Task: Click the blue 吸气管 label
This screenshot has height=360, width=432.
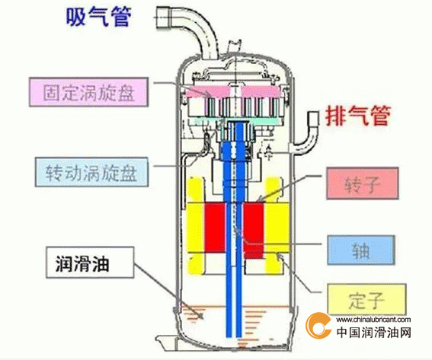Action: pyautogui.click(x=98, y=17)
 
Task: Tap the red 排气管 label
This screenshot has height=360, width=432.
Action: pyautogui.click(x=358, y=116)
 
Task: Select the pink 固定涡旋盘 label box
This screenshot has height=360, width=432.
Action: pyautogui.click(x=88, y=92)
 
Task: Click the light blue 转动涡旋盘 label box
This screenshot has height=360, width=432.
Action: pyautogui.click(x=91, y=172)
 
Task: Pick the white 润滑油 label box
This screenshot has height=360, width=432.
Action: pyautogui.click(x=90, y=263)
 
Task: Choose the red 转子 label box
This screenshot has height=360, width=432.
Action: pyautogui.click(x=363, y=183)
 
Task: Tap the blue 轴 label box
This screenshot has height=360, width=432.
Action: pyautogui.click(x=361, y=250)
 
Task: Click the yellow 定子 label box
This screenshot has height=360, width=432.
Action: pyautogui.click(x=366, y=299)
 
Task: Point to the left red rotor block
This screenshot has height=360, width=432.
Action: pyautogui.click(x=215, y=228)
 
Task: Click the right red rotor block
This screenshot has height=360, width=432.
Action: pyautogui.click(x=254, y=230)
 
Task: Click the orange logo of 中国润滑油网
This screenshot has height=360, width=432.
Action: pyautogui.click(x=318, y=326)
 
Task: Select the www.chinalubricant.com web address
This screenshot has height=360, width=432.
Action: pyautogui.click(x=373, y=320)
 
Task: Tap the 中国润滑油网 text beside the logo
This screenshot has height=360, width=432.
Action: pyautogui.click(x=374, y=332)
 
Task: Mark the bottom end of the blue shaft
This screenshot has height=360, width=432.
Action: pyautogui.click(x=234, y=336)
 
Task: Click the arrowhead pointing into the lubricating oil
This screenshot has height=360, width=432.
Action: pyautogui.click(x=201, y=316)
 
